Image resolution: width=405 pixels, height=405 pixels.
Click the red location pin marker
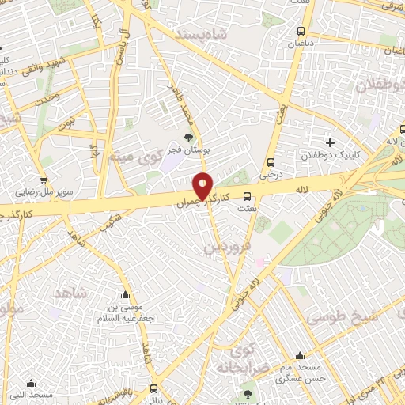pos(203,187)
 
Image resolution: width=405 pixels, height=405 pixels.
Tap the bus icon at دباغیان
pos(299,32)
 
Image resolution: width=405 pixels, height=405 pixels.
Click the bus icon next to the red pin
pos(248,197)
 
